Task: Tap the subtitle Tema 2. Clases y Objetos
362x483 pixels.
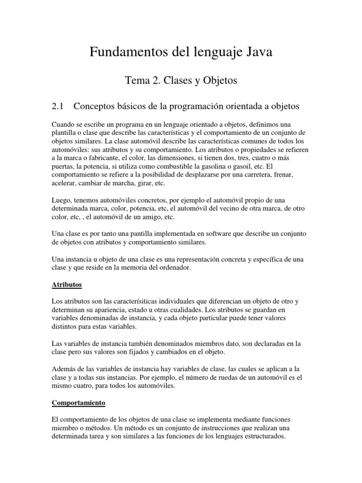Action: [x=181, y=81]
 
